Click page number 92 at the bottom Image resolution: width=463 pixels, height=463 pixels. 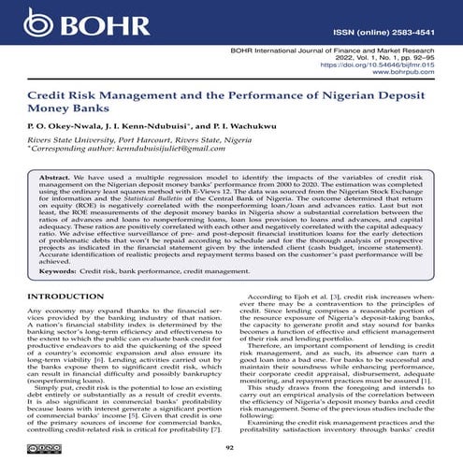pos(231,448)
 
